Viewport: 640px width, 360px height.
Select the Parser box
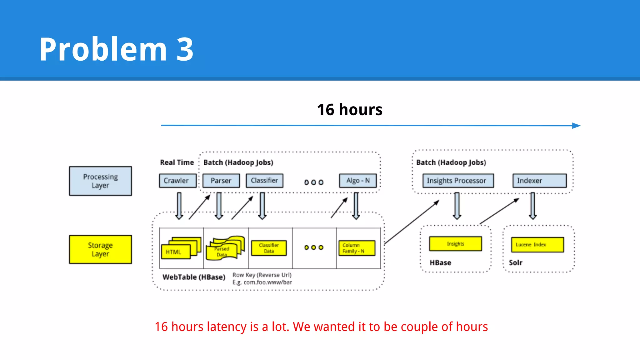click(x=221, y=181)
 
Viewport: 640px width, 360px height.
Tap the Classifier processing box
click(x=264, y=181)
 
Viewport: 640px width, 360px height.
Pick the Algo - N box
click(x=358, y=181)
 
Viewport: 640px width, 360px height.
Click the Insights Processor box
click(x=458, y=181)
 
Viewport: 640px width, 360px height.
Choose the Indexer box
click(x=539, y=181)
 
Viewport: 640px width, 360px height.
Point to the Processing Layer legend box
click(x=100, y=181)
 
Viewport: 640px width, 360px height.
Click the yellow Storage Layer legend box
click(x=100, y=249)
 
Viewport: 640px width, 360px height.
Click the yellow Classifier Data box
click(x=269, y=248)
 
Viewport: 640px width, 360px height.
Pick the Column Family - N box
click(x=357, y=248)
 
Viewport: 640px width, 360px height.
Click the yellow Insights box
click(x=455, y=244)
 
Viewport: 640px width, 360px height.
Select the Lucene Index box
click(x=537, y=245)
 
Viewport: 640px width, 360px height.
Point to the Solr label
click(x=515, y=262)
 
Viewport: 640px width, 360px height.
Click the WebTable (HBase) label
click(x=194, y=277)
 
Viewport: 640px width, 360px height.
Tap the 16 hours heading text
click(x=350, y=110)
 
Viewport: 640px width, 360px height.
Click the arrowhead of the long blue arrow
click(x=577, y=126)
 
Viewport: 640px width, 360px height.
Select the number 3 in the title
click(x=185, y=49)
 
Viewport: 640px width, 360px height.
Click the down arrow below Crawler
click(x=179, y=206)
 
